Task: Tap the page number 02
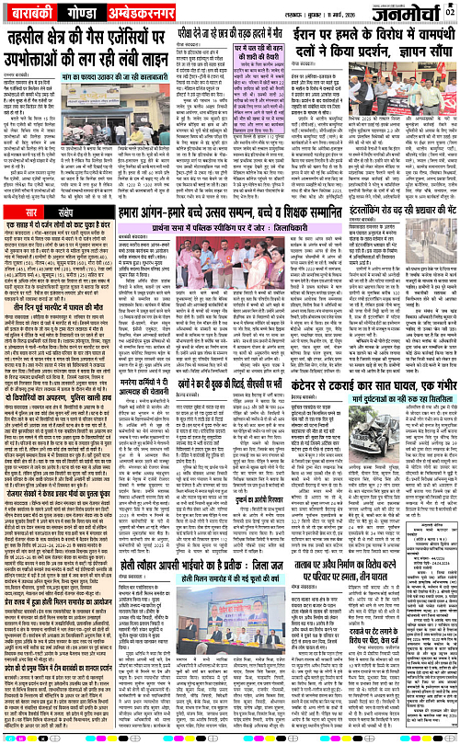(x=450, y=11)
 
